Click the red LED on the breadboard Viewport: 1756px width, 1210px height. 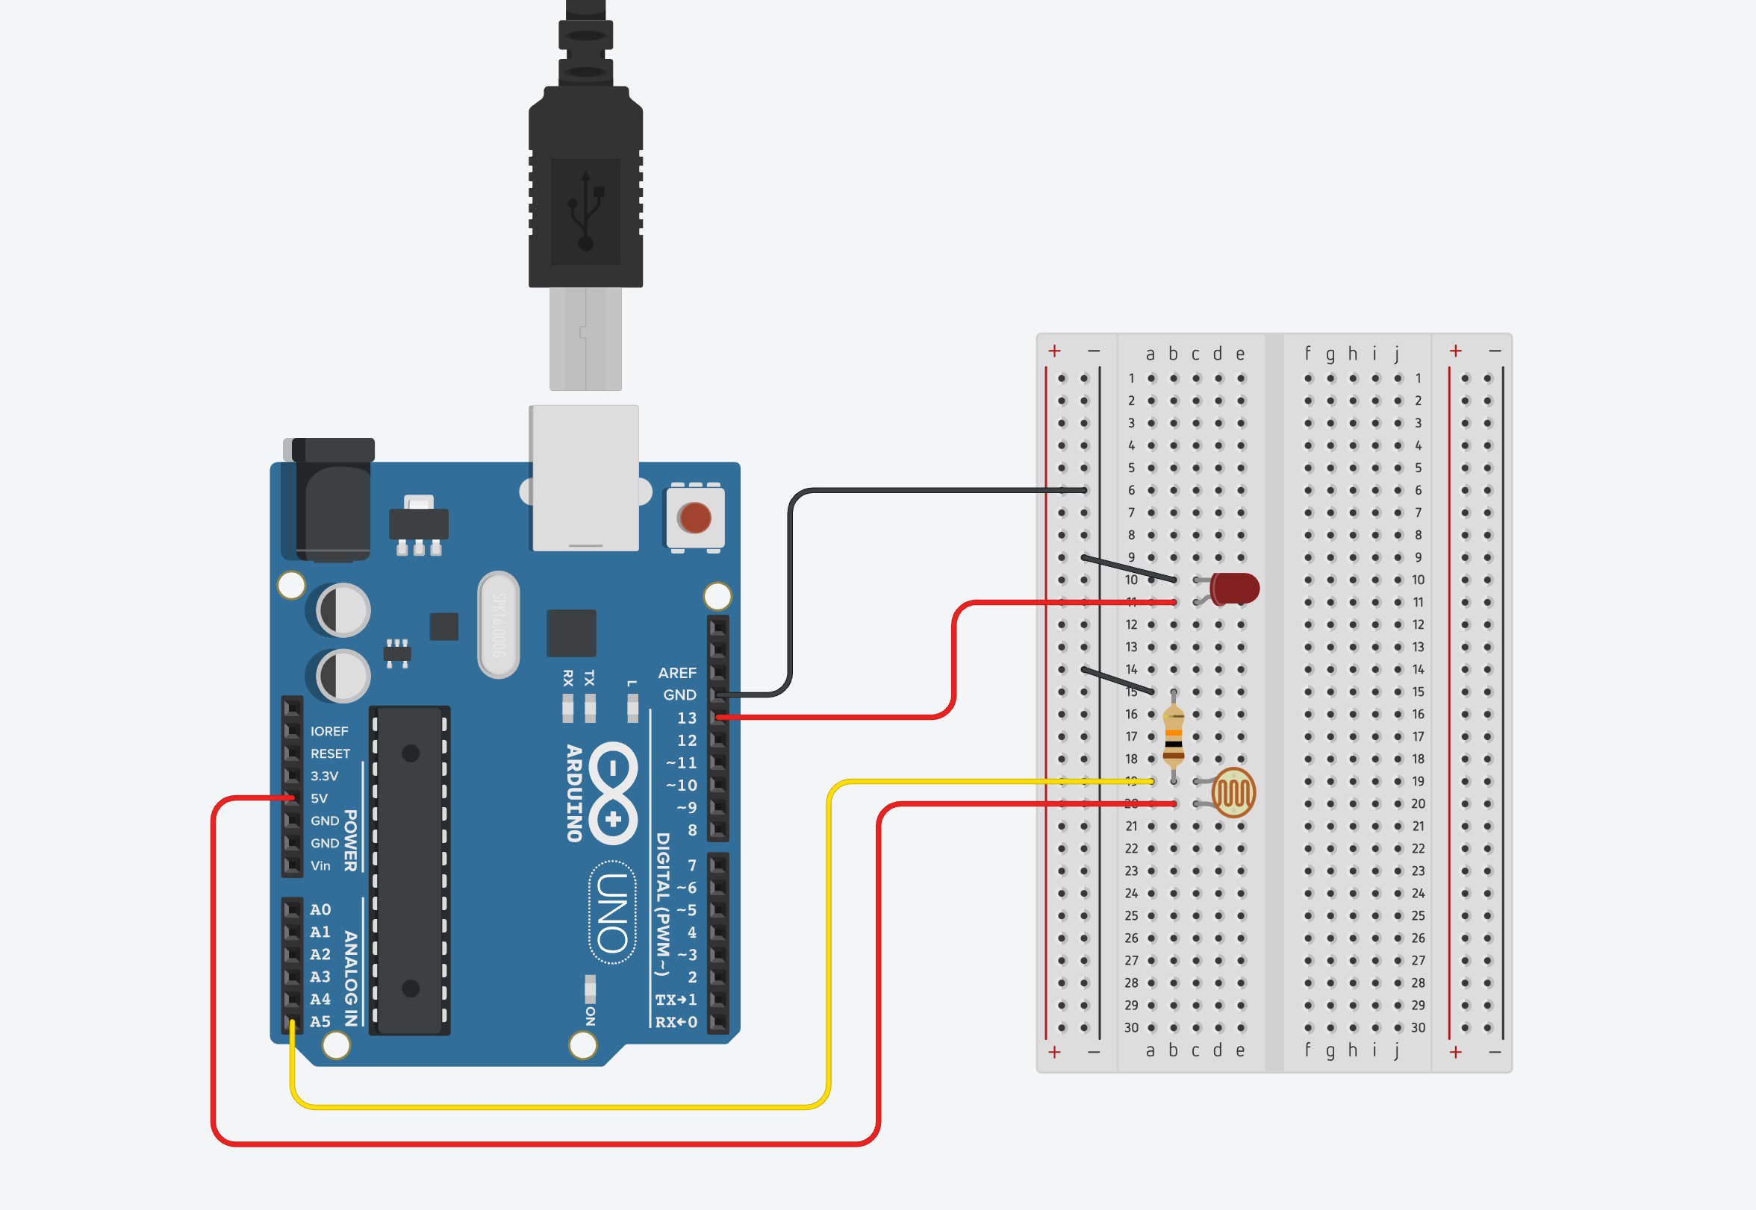click(1234, 589)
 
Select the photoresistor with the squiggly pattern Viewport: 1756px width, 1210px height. click(1233, 792)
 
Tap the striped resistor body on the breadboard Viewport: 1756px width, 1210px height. click(1174, 735)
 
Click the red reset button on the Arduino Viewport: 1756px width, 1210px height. click(695, 518)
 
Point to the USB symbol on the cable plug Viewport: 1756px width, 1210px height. click(585, 212)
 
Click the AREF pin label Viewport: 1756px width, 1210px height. click(676, 673)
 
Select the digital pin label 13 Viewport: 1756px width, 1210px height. click(686, 718)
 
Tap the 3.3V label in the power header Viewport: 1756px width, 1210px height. click(324, 777)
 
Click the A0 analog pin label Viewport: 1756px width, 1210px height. click(320, 910)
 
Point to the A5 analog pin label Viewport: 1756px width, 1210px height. click(320, 1022)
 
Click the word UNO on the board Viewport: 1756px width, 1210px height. click(612, 913)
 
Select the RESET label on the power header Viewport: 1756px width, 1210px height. click(330, 753)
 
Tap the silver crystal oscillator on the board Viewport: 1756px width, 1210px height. click(499, 624)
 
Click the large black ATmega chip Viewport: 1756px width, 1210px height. click(410, 871)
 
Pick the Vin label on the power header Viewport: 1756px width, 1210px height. click(320, 866)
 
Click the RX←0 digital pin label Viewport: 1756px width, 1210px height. click(675, 1022)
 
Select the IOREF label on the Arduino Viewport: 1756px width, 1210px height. click(329, 732)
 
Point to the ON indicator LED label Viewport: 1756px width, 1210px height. click(590, 1016)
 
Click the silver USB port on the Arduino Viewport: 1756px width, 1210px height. click(585, 477)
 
